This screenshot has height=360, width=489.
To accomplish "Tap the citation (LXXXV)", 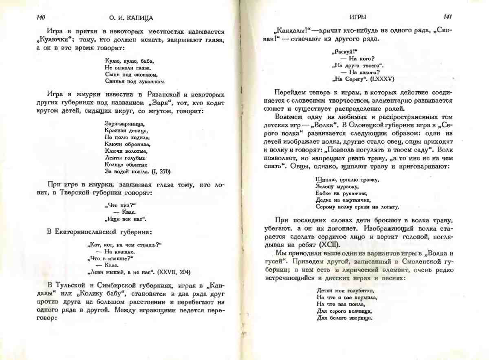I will [x=379, y=79].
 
